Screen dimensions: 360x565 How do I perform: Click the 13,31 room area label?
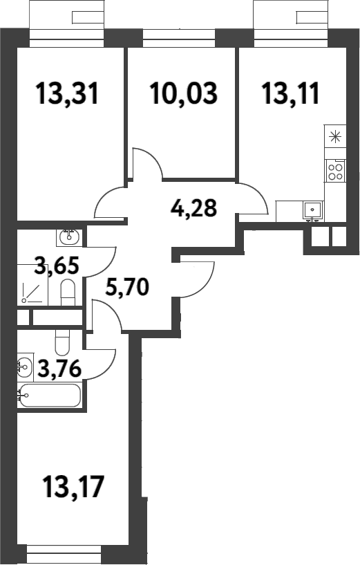[x=67, y=93]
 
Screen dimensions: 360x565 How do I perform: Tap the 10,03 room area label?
[x=184, y=93]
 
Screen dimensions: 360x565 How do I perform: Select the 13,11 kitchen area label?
[x=291, y=93]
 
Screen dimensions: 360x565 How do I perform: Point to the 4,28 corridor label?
[x=194, y=208]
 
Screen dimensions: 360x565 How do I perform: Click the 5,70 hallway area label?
[x=127, y=287]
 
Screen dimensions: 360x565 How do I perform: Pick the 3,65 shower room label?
[x=57, y=266]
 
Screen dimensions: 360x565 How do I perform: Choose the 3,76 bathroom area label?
[x=59, y=369]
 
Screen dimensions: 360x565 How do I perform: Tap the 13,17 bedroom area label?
[x=73, y=486]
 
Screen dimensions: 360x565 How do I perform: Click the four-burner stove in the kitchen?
[x=335, y=171]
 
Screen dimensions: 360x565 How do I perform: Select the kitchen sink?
[x=313, y=210]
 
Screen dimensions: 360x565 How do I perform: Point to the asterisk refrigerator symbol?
[x=335, y=136]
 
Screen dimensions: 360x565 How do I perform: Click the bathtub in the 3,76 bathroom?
[x=50, y=396]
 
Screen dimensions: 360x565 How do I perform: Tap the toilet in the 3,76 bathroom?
[x=63, y=342]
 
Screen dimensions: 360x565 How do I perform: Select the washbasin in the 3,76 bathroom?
[x=25, y=367]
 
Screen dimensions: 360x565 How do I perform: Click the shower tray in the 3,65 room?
[x=32, y=285]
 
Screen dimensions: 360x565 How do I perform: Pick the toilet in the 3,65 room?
[x=68, y=293]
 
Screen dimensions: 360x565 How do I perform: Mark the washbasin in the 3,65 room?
[x=70, y=237]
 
